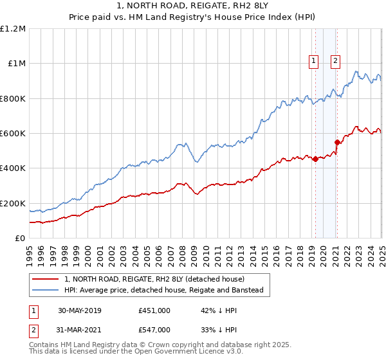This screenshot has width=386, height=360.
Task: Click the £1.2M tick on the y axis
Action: [13, 29]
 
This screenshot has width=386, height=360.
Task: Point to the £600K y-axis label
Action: [13, 134]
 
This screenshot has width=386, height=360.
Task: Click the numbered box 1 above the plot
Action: [313, 62]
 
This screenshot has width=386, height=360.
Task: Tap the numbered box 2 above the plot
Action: [336, 62]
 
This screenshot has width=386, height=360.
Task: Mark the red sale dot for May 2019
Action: [315, 159]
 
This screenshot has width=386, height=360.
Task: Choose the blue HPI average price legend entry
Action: [167, 290]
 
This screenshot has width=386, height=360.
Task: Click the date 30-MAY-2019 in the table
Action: [80, 310]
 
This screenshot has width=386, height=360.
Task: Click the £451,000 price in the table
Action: [154, 310]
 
